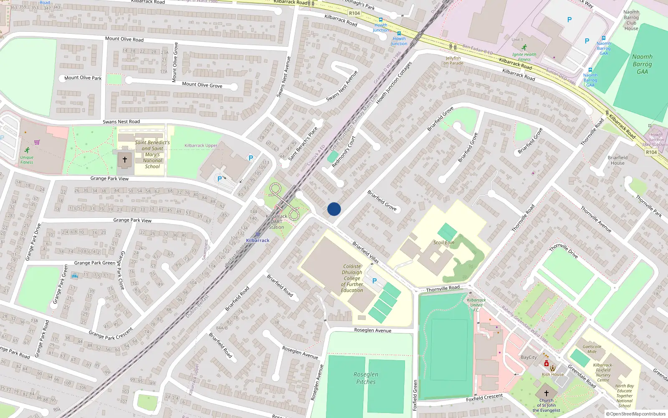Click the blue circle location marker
[334, 209]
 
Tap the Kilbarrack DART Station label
[276, 222]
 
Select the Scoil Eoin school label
[443, 242]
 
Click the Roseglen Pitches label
[366, 378]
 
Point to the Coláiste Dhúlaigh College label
[352, 278]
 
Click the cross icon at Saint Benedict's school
[124, 160]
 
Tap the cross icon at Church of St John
[546, 393]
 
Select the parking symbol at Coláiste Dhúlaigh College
[374, 281]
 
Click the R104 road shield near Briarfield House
[651, 152]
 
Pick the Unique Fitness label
[27, 160]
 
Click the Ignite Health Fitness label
[524, 57]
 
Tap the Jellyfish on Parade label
[453, 61]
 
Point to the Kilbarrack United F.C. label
[476, 305]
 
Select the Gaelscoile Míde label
[592, 349]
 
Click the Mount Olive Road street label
[124, 39]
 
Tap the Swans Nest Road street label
[121, 122]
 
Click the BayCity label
[529, 357]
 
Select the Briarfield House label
[617, 160]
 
